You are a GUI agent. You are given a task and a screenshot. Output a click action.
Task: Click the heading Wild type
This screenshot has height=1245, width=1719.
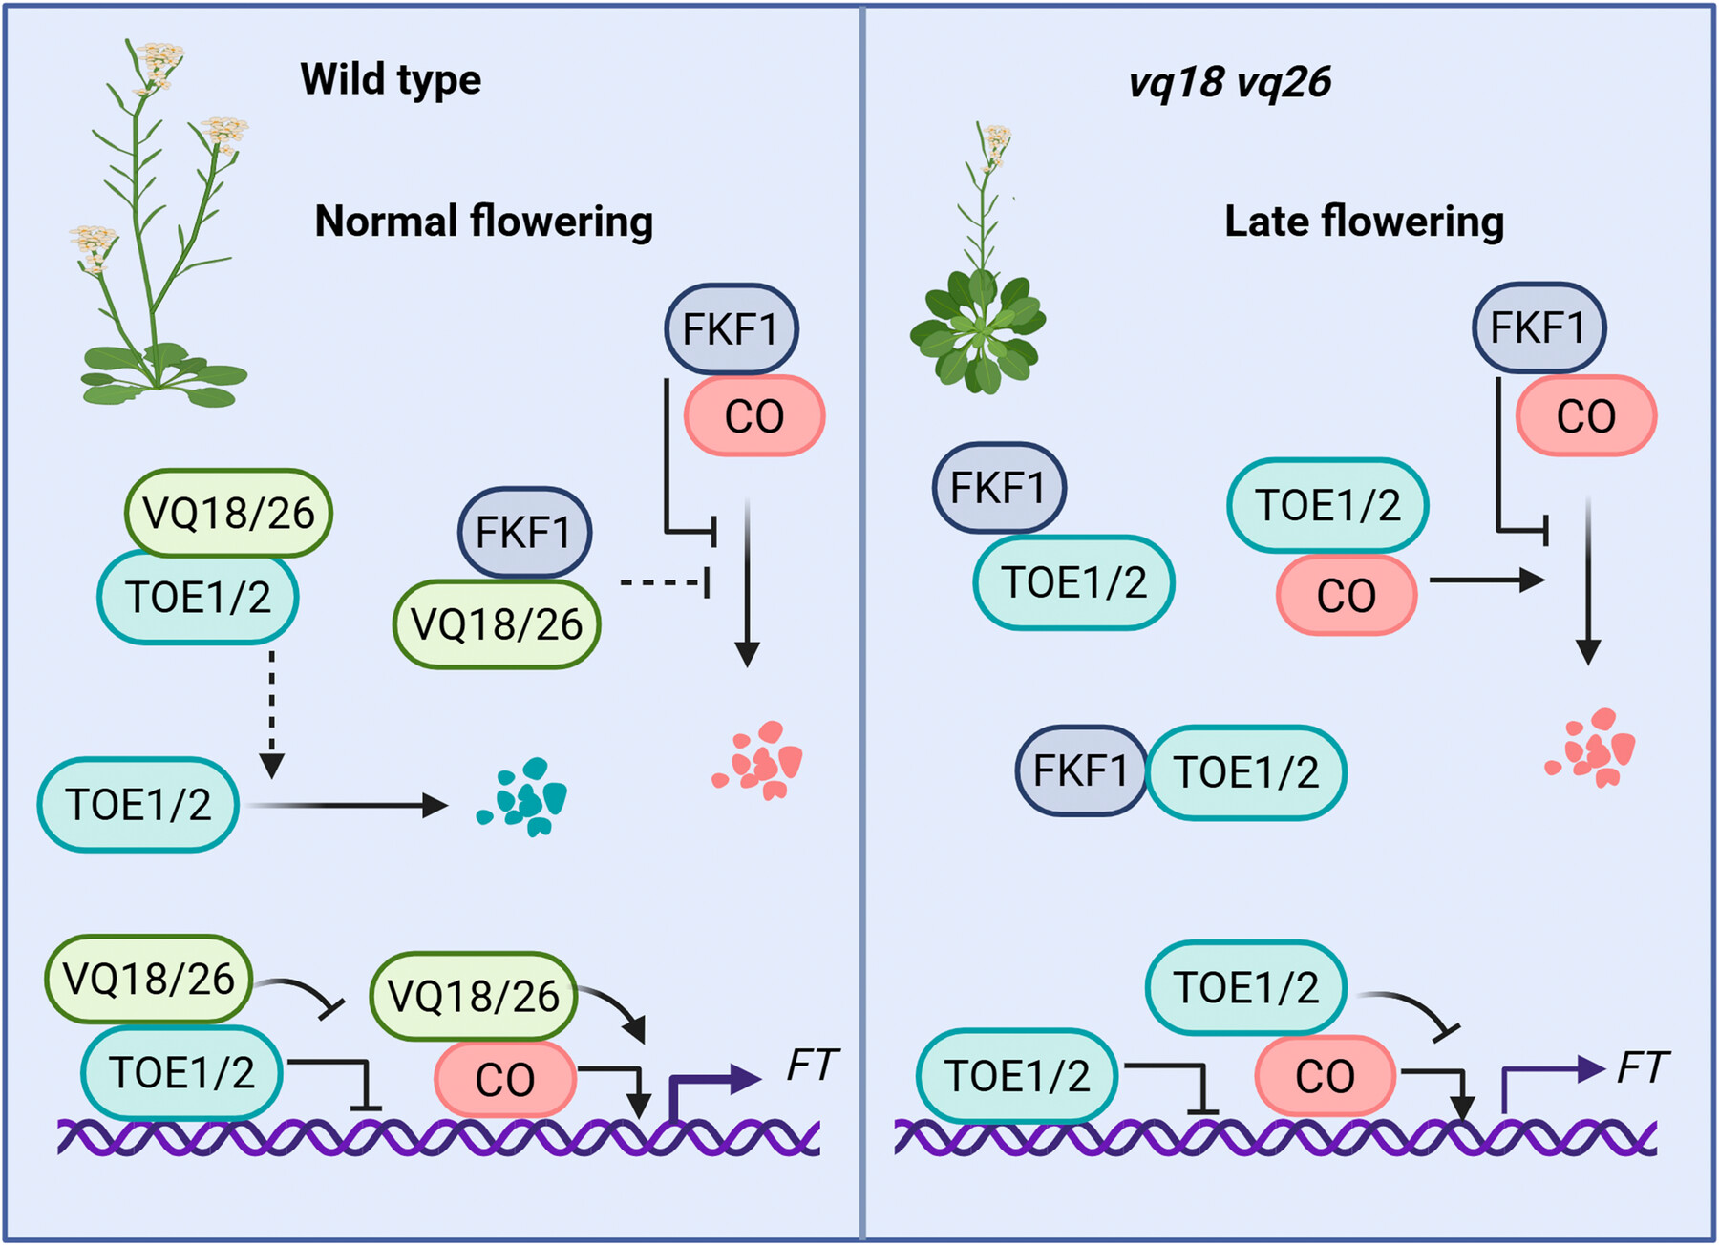(x=391, y=80)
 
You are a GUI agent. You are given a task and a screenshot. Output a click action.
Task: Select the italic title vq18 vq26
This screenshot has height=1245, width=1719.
(x=1229, y=83)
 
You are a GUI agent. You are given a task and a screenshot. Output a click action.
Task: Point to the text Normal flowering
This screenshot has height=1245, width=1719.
(x=483, y=222)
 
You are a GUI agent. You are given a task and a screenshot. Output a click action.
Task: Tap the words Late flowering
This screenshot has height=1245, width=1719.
(x=1364, y=222)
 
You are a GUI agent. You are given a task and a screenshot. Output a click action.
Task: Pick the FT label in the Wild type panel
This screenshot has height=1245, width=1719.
(x=812, y=1065)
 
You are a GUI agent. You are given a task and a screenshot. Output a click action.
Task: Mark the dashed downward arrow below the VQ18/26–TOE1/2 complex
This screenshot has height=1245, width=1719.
(x=272, y=711)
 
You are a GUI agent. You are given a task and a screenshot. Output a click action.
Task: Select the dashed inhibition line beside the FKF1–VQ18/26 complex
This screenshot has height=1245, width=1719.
(x=664, y=581)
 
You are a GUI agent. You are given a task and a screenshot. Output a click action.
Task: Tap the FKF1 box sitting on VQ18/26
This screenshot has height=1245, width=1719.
(x=523, y=532)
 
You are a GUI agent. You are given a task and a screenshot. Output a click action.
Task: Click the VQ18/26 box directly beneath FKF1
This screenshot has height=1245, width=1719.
(x=497, y=624)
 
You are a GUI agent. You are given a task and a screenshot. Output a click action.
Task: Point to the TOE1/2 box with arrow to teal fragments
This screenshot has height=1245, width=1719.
(x=138, y=805)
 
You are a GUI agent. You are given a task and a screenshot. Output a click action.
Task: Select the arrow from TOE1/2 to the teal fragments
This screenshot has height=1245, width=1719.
(x=344, y=806)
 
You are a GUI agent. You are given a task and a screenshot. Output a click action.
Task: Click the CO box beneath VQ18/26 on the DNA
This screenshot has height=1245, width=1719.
(x=505, y=1080)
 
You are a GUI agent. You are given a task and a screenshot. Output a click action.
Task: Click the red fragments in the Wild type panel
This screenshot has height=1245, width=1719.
(x=759, y=760)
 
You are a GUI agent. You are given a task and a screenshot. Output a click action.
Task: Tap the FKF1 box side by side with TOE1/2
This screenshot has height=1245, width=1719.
(x=1080, y=770)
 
